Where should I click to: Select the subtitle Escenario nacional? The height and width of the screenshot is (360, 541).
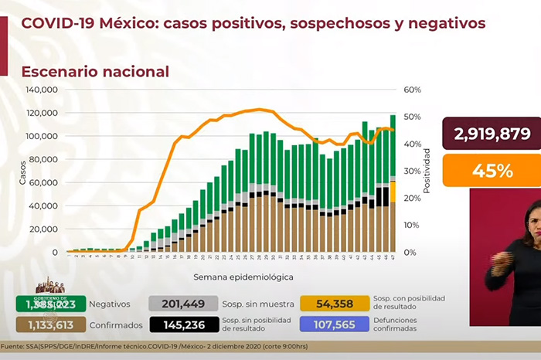95,72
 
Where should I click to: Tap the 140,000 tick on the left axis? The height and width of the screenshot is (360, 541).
42,90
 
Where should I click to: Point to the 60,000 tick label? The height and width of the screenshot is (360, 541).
44,182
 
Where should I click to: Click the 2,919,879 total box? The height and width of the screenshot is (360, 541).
492,134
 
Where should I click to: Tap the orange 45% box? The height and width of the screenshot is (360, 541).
492,171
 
